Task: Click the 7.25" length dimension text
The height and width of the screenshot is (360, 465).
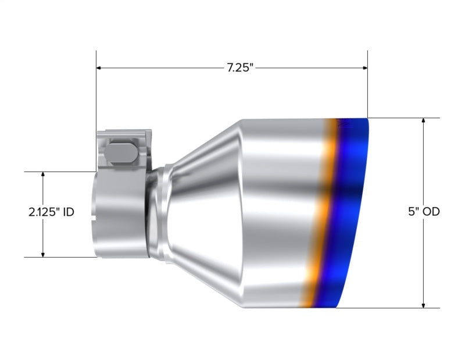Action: pos(239,67)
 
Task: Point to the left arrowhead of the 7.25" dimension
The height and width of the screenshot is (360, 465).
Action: pos(99,68)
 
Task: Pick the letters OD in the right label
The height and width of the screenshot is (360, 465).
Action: pos(431,212)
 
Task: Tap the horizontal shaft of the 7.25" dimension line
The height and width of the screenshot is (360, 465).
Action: pos(163,68)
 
